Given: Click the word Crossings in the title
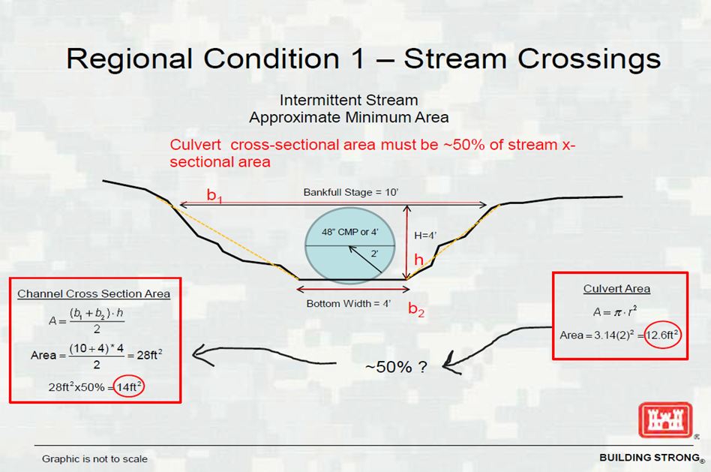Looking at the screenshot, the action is tap(532, 59).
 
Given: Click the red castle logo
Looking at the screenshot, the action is tap(665, 419).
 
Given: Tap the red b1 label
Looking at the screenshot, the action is tap(214, 195).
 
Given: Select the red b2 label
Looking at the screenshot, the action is tap(416, 309).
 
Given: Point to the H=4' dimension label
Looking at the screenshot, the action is tap(425, 236).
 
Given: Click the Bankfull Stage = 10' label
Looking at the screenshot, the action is tap(350, 192).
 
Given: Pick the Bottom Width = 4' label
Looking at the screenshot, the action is tap(348, 304).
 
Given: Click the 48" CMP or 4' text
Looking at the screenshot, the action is tap(350, 232).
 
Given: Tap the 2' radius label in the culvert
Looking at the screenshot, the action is tap(374, 254).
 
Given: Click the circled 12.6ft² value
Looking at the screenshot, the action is tap(662, 335).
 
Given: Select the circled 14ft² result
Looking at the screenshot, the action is tap(129, 387).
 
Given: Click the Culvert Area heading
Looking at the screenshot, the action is tap(616, 289).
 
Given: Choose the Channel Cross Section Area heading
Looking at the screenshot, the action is tap(94, 294).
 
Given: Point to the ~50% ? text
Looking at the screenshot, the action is tap(396, 367).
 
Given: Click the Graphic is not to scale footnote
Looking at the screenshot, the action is tap(94, 458).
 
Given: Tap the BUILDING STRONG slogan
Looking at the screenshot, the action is tap(649, 458).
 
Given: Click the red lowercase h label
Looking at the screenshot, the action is tap(419, 260).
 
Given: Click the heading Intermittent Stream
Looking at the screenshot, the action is tap(349, 100).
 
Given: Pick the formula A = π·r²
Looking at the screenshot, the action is tap(615, 312).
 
